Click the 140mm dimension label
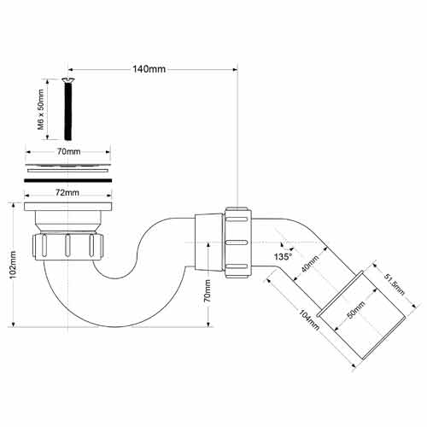coord(151,69)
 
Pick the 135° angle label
coord(283,256)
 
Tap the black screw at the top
coord(67,111)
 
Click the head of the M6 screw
coord(67,81)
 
